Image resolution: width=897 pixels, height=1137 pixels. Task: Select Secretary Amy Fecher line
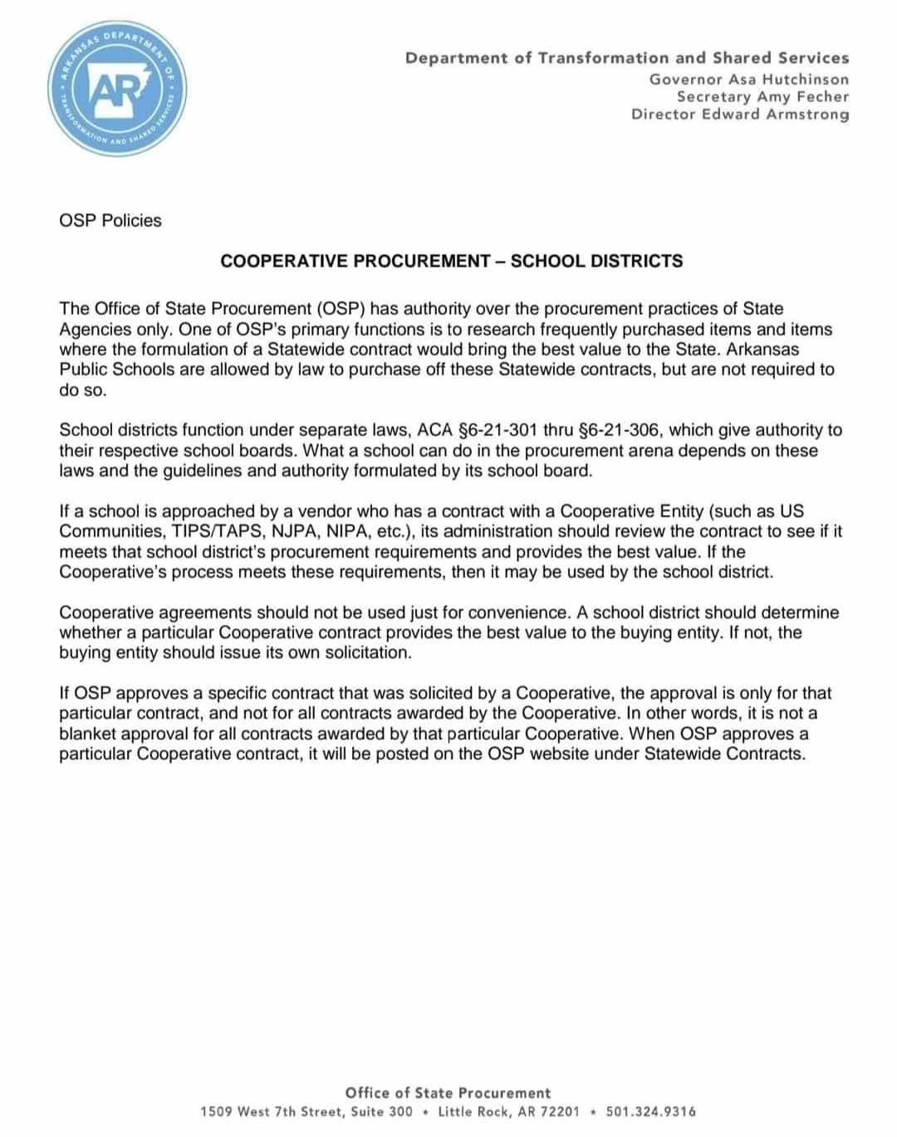point(762,96)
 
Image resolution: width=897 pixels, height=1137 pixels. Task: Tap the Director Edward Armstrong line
point(740,114)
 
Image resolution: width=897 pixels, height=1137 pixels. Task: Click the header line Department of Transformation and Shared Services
point(627,58)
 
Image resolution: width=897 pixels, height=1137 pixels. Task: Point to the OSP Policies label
point(110,221)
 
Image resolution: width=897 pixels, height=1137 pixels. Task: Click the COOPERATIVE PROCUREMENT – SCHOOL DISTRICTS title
point(451,261)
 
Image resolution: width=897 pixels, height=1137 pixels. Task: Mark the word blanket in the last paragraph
point(88,734)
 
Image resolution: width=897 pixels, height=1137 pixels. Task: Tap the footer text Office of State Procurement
point(448,1093)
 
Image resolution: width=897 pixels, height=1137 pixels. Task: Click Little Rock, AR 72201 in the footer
point(508,1111)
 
